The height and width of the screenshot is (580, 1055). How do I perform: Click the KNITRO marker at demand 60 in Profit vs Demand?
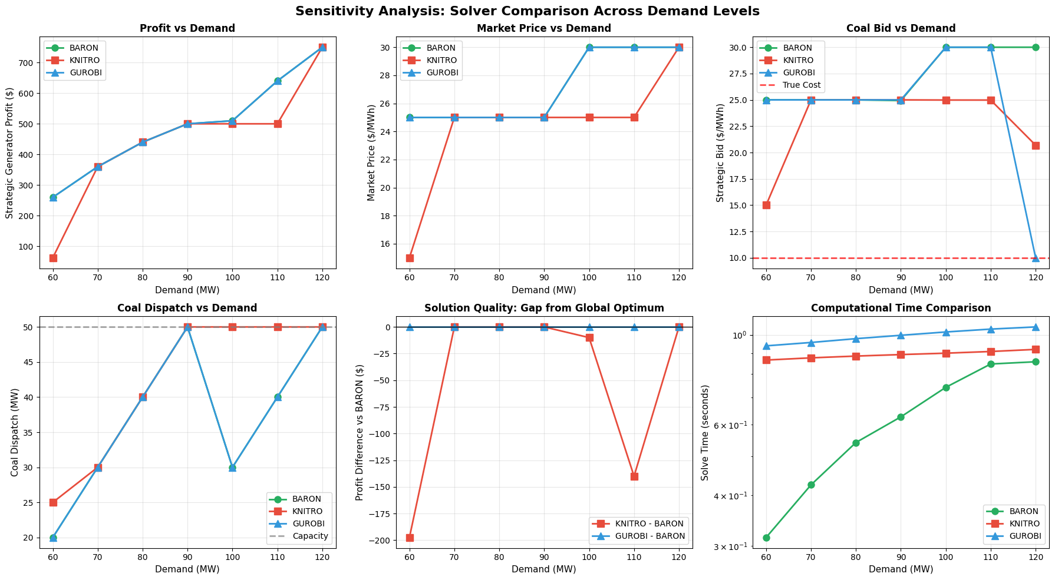(x=53, y=258)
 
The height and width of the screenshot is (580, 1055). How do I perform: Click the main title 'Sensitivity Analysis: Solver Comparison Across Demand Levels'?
(x=527, y=11)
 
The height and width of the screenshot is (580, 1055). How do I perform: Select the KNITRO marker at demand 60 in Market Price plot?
(x=410, y=258)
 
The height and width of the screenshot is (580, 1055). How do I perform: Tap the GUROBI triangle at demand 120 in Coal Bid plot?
(x=1036, y=258)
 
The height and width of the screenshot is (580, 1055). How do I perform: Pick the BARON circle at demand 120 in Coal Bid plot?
(x=1036, y=47)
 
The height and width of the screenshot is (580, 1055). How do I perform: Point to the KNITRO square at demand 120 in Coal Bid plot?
(x=1036, y=145)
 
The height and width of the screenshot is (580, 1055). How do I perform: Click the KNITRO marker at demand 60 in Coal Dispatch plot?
(x=53, y=502)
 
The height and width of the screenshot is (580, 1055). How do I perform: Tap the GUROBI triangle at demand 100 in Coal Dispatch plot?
(x=232, y=468)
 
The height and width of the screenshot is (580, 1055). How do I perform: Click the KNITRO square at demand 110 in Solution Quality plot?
(x=634, y=476)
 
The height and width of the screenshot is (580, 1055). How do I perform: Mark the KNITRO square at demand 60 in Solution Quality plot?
(x=410, y=538)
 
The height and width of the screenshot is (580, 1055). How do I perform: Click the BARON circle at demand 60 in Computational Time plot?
(x=766, y=538)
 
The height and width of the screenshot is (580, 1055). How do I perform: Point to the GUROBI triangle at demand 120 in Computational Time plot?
(x=1036, y=327)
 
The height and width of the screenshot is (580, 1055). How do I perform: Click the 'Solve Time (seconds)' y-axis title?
(x=705, y=432)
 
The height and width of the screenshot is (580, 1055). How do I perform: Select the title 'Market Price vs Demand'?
(x=543, y=28)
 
